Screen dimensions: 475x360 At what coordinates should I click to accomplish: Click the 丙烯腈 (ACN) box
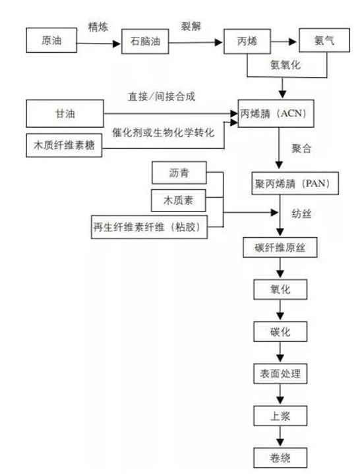click(283, 113)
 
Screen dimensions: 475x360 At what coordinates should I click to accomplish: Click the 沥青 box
click(178, 173)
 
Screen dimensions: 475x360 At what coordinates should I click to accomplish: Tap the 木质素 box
click(178, 199)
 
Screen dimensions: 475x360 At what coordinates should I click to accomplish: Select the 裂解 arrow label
click(192, 26)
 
